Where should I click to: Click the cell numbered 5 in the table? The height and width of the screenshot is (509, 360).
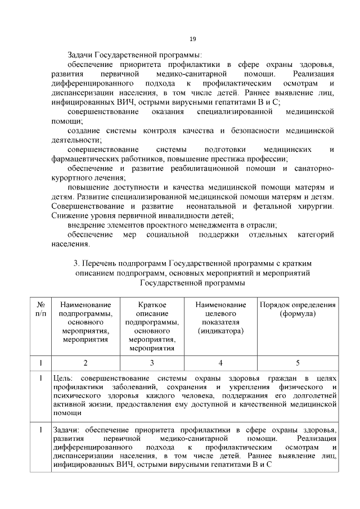[297, 363]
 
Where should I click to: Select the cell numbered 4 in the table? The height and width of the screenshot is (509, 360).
[220, 363]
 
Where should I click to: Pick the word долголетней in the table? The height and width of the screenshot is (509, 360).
[311, 395]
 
